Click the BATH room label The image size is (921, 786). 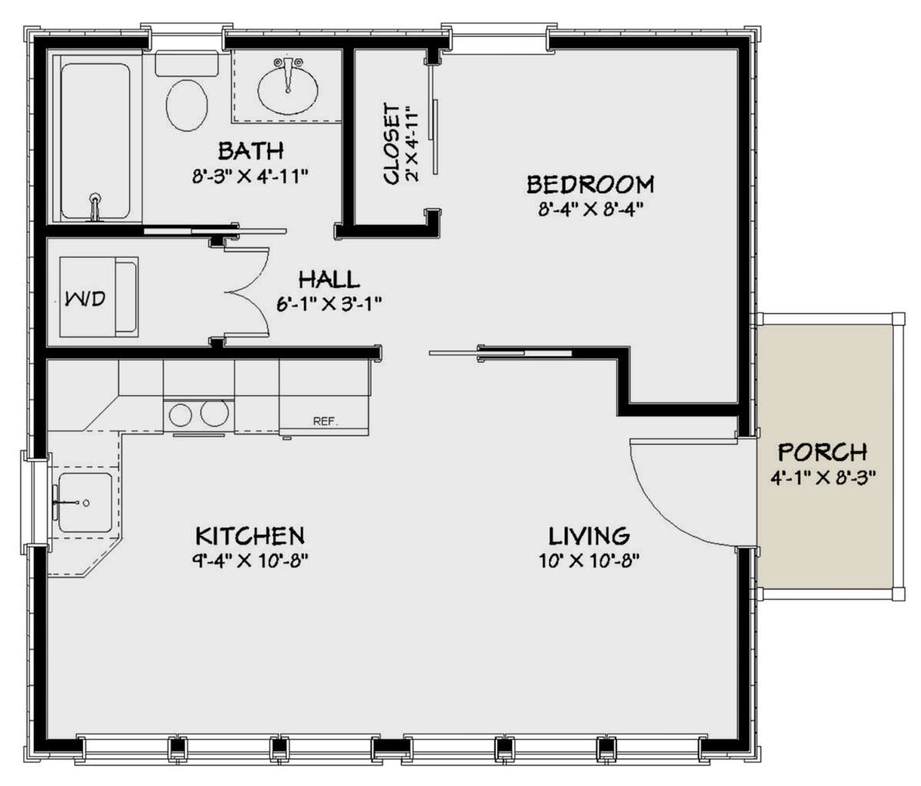(251, 151)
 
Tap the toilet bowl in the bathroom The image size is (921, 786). (187, 106)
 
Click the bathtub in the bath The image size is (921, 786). (96, 140)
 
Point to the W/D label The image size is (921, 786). (85, 298)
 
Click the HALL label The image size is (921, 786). (328, 279)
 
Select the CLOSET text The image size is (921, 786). (391, 144)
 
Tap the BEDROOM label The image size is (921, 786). (590, 184)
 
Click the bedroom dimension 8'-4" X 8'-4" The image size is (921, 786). (591, 209)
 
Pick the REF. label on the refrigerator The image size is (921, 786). (325, 421)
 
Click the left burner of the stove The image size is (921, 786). (180, 414)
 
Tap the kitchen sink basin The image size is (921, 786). (85, 502)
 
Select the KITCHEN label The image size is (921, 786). (250, 535)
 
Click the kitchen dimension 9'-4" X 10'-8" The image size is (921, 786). (250, 561)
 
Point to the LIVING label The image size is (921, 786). (589, 536)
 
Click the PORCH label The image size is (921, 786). (823, 452)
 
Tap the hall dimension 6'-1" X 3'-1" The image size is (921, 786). (329, 304)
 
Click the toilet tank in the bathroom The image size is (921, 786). (187, 64)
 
